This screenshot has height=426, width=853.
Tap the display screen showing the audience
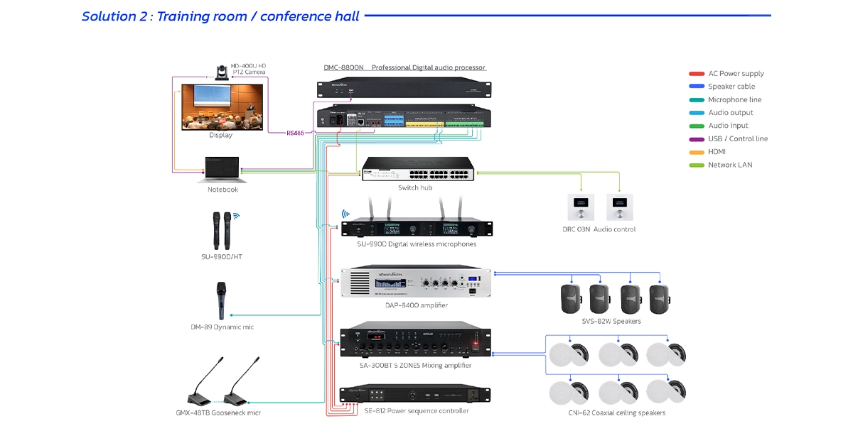221,106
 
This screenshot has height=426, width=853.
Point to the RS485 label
295,133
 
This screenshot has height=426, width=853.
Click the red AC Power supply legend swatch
697,74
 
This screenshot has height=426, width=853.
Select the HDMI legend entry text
717,152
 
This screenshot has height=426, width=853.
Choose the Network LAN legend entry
729,165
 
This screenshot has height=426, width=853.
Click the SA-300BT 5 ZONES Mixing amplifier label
416,366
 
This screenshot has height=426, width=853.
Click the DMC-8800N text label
343,67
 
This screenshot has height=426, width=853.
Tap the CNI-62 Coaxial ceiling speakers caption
617,413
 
